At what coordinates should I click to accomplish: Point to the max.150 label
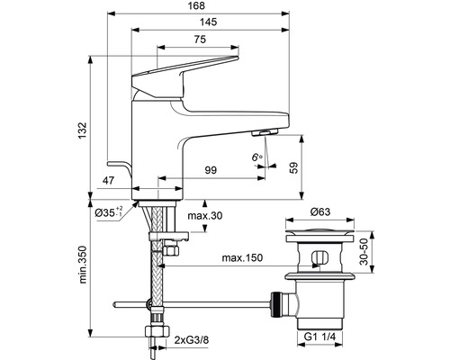tap(243, 258)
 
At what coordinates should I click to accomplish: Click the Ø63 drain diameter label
tap(321, 213)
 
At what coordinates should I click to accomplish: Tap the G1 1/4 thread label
tap(320, 337)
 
